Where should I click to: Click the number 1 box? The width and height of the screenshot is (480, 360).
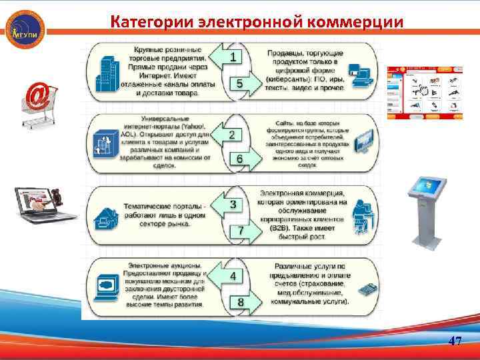(232, 58)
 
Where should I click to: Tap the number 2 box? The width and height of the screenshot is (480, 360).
(232, 135)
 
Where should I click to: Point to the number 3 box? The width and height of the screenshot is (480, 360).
(232, 205)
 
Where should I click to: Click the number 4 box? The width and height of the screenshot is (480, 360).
(232, 275)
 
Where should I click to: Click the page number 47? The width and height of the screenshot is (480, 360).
(455, 341)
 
